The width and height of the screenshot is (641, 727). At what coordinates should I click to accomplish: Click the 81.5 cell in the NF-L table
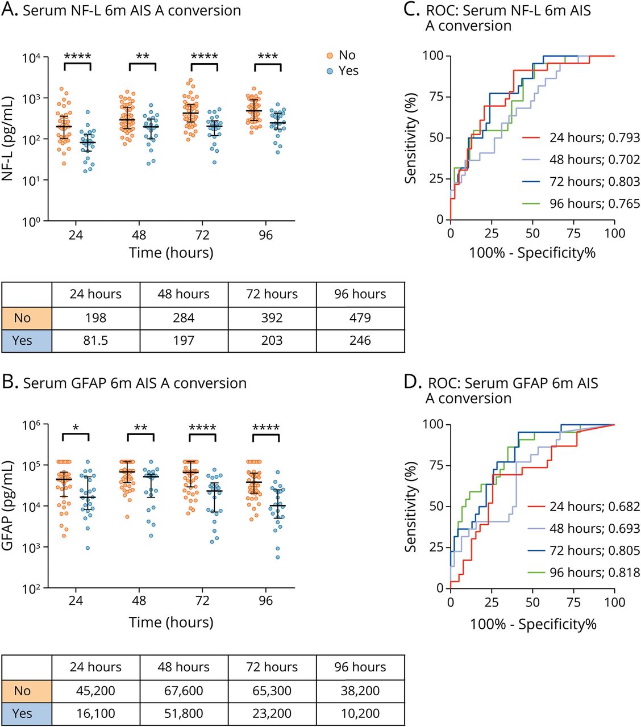tap(95, 340)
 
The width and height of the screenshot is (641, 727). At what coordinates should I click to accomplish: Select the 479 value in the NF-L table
tap(360, 317)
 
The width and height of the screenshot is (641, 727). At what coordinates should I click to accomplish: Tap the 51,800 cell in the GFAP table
tap(184, 713)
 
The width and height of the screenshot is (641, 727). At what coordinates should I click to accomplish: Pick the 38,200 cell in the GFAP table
tap(360, 691)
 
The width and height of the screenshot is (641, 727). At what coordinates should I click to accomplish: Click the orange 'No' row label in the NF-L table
tap(22, 317)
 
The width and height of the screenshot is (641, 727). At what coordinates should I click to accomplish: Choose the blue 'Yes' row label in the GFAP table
tap(22, 713)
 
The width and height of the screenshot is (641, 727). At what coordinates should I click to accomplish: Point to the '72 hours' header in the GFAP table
tap(272, 667)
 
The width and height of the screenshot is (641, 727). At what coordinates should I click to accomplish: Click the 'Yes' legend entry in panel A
tap(343, 70)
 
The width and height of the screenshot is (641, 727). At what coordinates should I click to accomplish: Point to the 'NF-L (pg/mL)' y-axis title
tap(8, 139)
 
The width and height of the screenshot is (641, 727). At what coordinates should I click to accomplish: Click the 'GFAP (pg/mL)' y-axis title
tap(8, 505)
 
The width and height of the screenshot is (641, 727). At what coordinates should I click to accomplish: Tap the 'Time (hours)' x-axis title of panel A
tap(171, 253)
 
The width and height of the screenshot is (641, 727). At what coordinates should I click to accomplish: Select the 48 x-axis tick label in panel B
tap(139, 600)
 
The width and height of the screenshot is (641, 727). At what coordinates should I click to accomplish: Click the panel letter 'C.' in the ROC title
tap(411, 11)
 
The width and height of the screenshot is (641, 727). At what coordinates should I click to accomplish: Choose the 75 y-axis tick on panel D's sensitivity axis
tap(436, 465)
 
